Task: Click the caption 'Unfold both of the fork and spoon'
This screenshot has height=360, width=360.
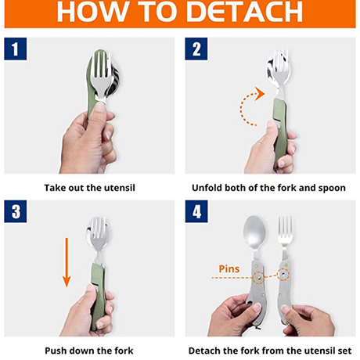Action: point(268,188)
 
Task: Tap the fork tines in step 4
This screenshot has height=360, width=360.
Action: point(285,229)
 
